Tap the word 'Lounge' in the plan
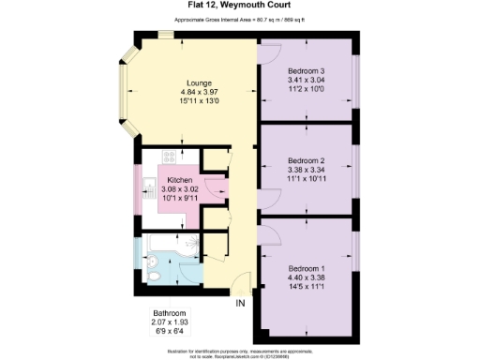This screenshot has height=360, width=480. (x=199, y=82)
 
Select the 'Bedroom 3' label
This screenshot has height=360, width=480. (x=306, y=71)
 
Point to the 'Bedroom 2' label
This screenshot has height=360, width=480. (x=306, y=160)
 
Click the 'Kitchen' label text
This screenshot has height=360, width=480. (x=180, y=179)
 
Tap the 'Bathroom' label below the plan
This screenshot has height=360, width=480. (x=170, y=312)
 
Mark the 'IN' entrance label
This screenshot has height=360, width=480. (x=240, y=302)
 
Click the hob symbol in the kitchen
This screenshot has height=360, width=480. (x=170, y=158)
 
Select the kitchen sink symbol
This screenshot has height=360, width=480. (x=151, y=185)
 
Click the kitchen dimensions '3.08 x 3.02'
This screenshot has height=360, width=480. (x=180, y=188)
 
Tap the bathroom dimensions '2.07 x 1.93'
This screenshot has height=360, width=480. (x=170, y=322)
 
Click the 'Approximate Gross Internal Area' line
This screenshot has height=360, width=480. (x=239, y=20)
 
